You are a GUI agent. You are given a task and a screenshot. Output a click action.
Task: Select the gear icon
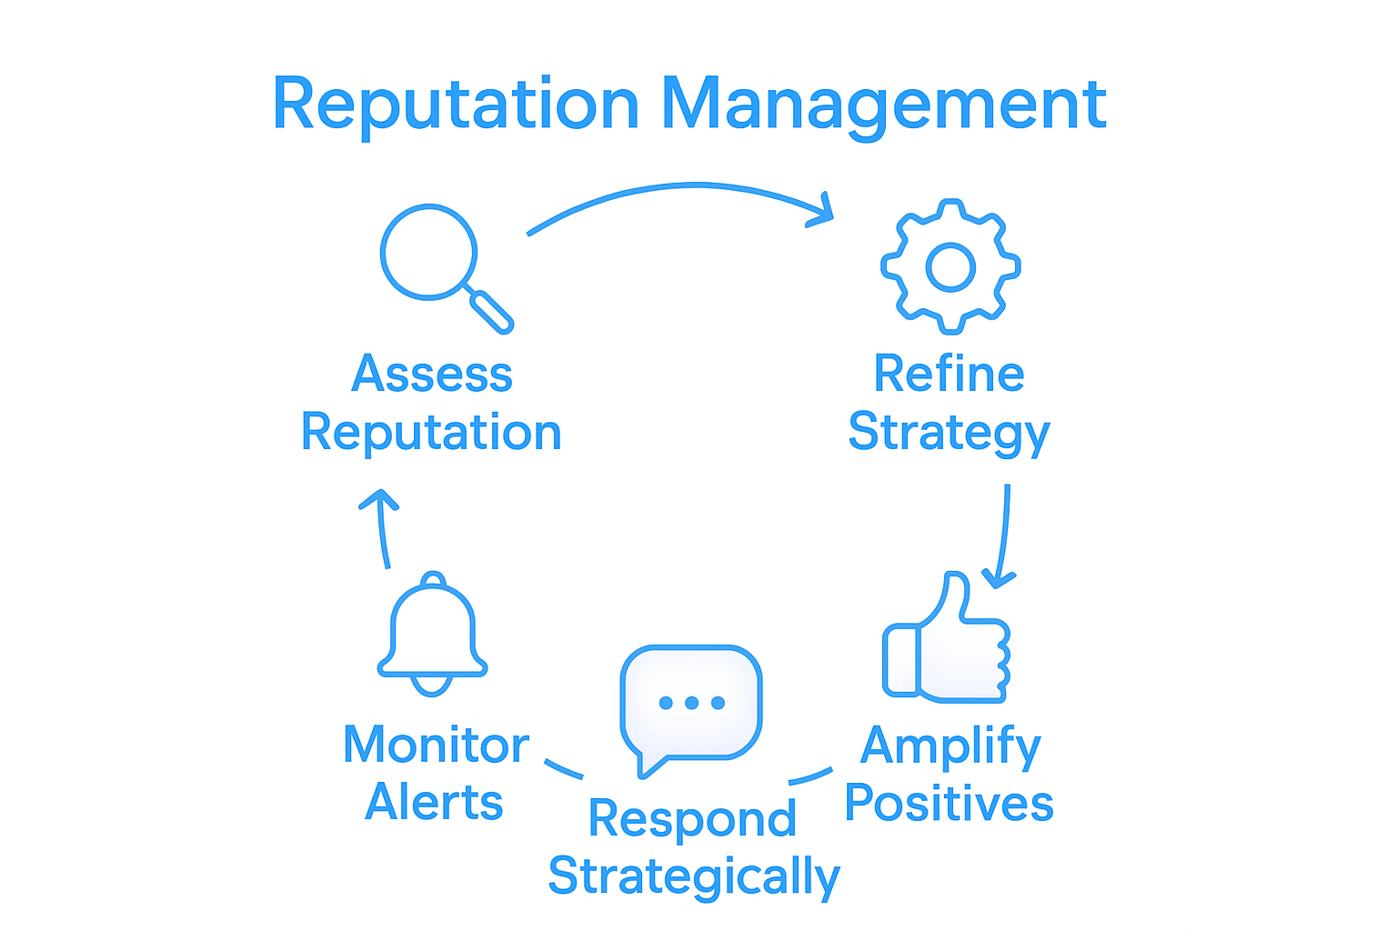950,266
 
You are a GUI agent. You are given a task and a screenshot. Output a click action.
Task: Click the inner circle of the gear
950,267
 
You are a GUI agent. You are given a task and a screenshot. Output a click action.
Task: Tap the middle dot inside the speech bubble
691,703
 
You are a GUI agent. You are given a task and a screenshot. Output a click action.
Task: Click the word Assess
432,374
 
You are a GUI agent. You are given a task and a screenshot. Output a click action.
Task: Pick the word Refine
949,374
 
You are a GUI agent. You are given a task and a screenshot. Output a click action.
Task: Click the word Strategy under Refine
949,434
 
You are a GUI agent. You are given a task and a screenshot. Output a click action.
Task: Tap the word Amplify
950,746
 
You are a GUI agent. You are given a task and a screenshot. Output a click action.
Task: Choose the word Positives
949,804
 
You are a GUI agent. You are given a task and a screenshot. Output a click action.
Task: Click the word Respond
692,818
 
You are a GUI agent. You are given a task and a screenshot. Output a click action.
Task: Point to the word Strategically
694,876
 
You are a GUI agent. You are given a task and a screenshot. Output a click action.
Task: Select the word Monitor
436,746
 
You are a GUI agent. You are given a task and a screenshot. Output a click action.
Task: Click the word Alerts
434,803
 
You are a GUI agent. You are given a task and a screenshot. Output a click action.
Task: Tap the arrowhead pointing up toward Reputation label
379,500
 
